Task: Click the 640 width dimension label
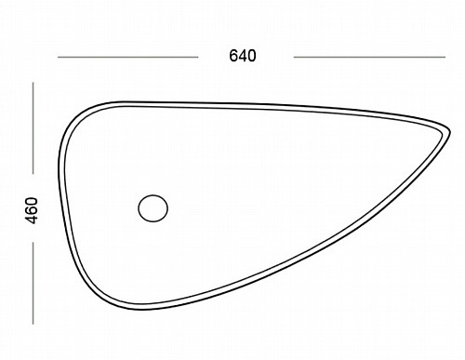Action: tap(243, 56)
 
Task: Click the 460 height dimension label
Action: tap(32, 210)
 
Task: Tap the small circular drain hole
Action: tap(153, 208)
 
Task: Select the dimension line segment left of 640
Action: tap(127, 57)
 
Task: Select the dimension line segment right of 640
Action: tap(369, 57)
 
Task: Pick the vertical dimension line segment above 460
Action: tap(33, 128)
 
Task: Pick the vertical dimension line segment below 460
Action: tap(33, 284)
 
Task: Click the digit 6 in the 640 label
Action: tap(233, 56)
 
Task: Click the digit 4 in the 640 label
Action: tap(243, 56)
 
